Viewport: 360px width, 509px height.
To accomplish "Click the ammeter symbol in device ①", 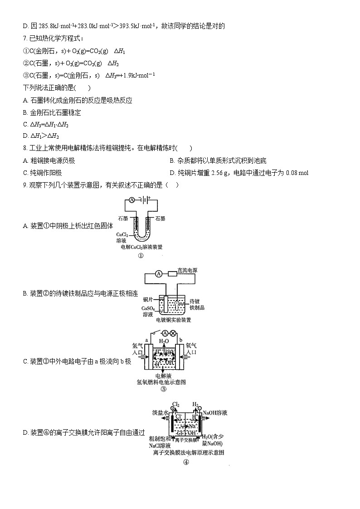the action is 131,199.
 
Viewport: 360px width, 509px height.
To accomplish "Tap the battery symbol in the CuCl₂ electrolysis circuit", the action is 145,199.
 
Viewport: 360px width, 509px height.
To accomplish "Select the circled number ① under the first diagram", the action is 141,256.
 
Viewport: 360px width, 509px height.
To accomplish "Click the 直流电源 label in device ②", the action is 187,270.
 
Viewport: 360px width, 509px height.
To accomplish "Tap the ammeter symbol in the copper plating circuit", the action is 158,274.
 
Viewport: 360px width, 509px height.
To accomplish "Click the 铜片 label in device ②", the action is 148,300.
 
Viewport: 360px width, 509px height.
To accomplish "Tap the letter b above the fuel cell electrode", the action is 180,339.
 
